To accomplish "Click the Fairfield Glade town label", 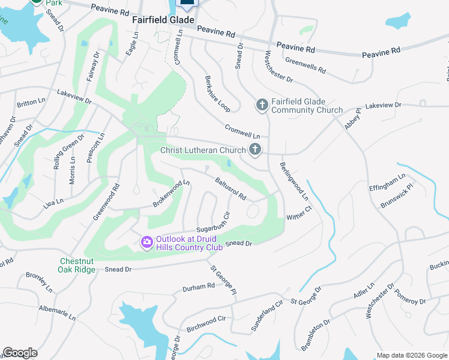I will (x=163, y=20).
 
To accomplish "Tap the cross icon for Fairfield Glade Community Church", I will (x=262, y=106).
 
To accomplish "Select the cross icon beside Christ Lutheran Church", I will (x=255, y=150).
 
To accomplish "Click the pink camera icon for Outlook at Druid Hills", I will (x=146, y=242).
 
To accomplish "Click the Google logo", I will (x=20, y=353).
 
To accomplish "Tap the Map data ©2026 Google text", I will (x=411, y=355).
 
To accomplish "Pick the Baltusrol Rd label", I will (x=231, y=188).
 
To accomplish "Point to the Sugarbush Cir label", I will (x=213, y=224).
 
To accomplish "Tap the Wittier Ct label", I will (x=300, y=212).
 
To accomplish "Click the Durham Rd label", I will (x=198, y=287).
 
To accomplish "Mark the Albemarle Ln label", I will (x=58, y=311).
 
